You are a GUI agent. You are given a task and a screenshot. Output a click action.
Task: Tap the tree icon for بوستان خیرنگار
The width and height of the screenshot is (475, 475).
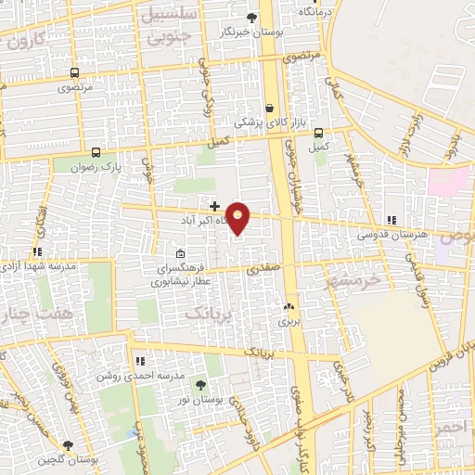(251, 17)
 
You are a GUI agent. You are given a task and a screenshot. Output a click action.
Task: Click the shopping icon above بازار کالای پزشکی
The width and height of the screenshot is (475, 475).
(269, 108)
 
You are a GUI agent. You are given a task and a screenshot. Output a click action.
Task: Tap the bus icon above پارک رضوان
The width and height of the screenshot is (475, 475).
(96, 152)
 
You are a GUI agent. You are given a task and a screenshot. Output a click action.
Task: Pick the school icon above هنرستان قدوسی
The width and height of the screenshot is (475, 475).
(392, 221)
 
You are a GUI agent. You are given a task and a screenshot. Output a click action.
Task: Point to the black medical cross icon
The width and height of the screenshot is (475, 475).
(214, 206)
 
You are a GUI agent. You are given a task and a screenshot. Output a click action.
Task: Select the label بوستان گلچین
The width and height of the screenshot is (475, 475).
(67, 461)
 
